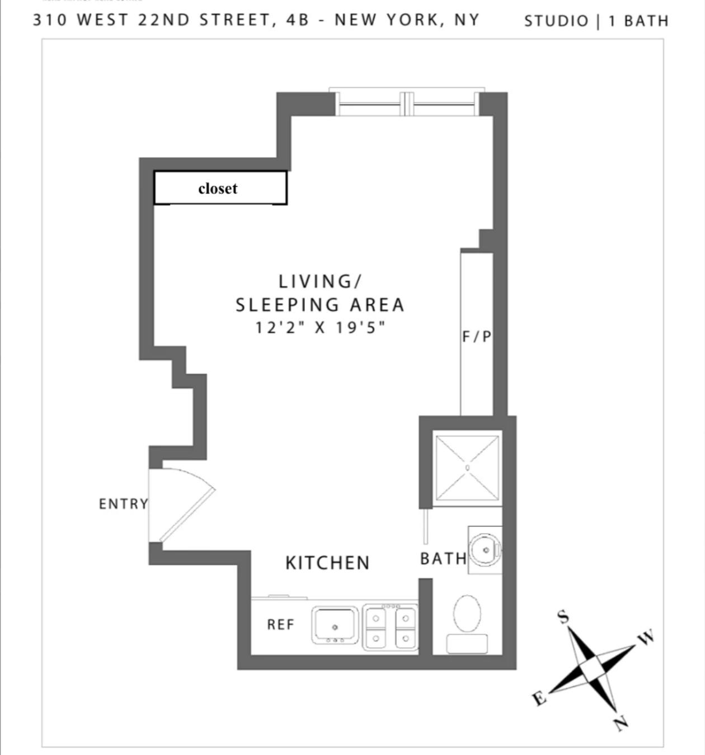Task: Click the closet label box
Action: click(x=220, y=188)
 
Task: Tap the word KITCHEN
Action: click(x=327, y=563)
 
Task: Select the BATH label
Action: click(x=443, y=558)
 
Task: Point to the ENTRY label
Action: click(x=123, y=504)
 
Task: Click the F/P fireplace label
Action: click(x=477, y=337)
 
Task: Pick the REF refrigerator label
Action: click(x=280, y=624)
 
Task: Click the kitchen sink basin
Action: click(x=335, y=625)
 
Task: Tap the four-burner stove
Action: click(x=390, y=627)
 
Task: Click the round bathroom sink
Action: click(x=485, y=550)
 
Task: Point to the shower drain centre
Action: click(x=467, y=468)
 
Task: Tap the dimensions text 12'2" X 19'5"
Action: click(x=320, y=327)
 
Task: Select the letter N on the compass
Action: click(x=621, y=723)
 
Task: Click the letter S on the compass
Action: click(x=563, y=617)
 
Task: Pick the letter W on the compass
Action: click(x=646, y=637)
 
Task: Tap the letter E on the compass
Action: click(x=539, y=698)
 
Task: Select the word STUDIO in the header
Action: click(x=556, y=21)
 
